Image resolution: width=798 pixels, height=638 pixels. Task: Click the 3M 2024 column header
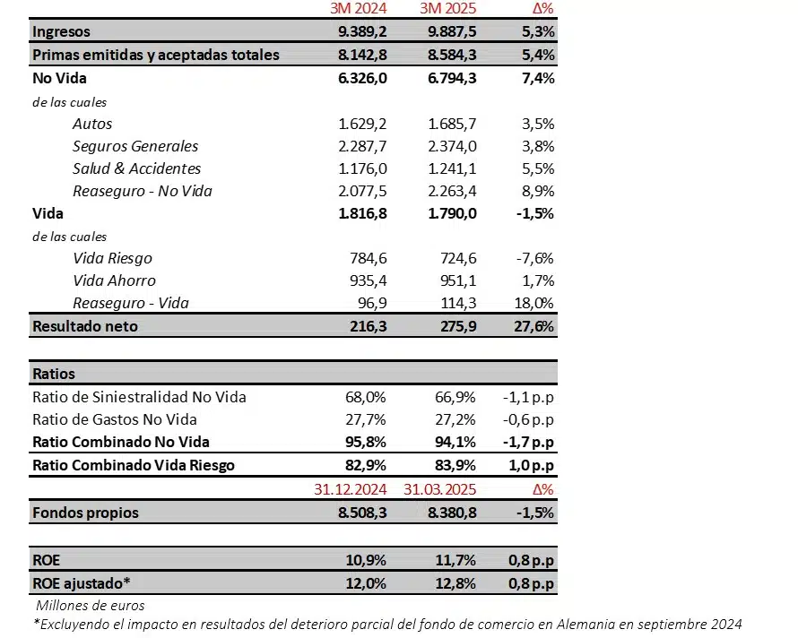coord(359,10)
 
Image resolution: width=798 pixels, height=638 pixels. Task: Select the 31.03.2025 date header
coord(438,488)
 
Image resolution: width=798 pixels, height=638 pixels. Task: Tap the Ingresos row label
coord(61,31)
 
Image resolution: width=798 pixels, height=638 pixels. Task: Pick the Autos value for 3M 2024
coord(363,124)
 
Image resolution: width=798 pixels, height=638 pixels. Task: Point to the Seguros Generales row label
coord(135,146)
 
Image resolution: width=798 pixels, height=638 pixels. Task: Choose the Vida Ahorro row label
coord(114,280)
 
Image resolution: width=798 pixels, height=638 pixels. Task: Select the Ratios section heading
coord(54,373)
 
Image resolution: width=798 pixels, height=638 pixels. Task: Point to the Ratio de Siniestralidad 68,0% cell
coord(367,396)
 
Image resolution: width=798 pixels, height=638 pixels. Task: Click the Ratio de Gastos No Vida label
coord(115,418)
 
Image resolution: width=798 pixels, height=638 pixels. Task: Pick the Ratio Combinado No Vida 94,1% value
coord(456,441)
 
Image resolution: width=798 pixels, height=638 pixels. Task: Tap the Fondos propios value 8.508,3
coord(362,513)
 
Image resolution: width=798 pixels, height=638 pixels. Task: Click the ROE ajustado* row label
coord(82,582)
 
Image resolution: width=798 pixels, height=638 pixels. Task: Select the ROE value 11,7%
coord(456,559)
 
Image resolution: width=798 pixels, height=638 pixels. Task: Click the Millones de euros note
coord(90,605)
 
